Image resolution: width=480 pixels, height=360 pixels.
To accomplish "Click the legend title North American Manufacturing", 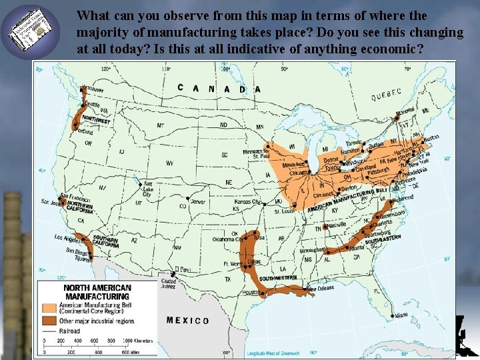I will click(97, 292).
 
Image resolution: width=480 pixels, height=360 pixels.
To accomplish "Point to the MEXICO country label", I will click(187, 321).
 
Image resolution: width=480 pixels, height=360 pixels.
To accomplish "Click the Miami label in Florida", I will click(400, 315).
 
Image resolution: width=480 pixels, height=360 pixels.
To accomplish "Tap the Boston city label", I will click(433, 138).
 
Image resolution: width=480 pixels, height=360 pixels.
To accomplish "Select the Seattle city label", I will click(91, 104).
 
